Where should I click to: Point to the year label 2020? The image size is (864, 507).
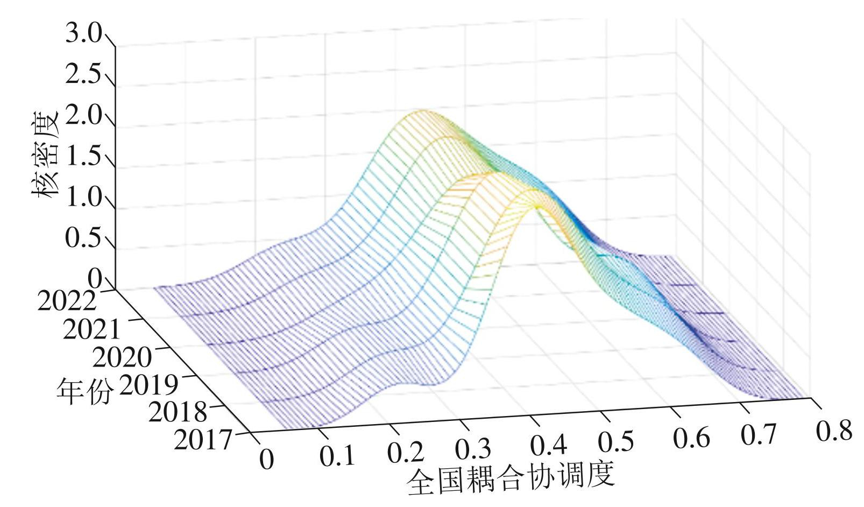click(x=122, y=356)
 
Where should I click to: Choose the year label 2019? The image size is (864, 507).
click(x=148, y=384)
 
